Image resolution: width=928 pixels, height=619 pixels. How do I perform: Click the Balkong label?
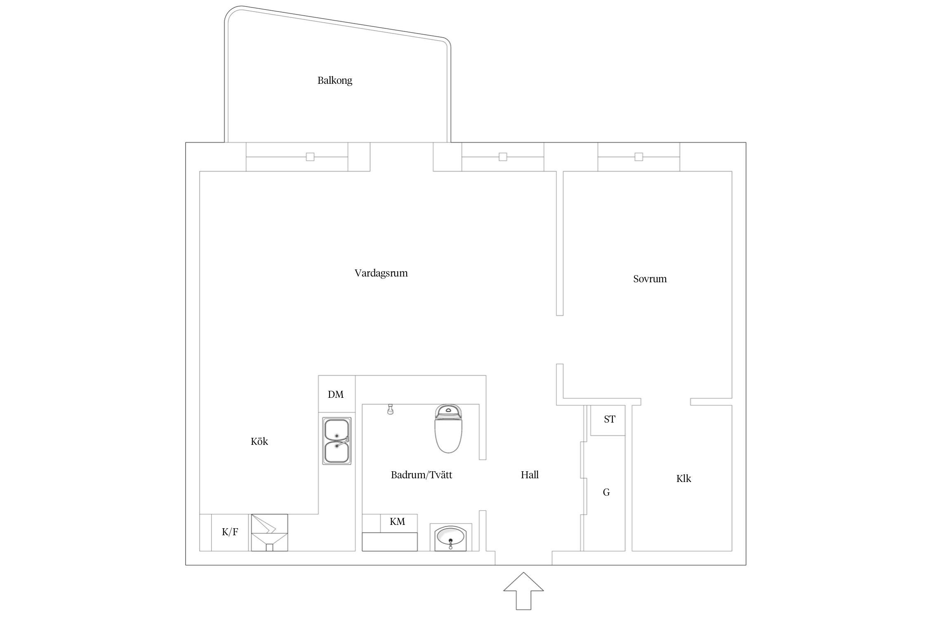(x=334, y=80)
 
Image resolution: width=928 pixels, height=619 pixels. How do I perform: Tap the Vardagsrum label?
(x=381, y=273)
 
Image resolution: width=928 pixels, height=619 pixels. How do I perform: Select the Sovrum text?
(x=650, y=279)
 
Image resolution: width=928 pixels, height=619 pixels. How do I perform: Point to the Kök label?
(x=259, y=441)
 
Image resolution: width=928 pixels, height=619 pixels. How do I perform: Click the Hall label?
(x=530, y=475)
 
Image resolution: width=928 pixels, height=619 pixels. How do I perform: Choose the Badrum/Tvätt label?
(x=422, y=475)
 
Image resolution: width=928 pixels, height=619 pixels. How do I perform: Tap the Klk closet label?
(x=683, y=478)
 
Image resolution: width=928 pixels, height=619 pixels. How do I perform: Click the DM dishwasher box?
(x=337, y=394)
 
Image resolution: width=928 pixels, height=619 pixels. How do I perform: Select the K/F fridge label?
(x=230, y=532)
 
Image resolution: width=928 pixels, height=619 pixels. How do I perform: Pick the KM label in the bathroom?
(x=397, y=521)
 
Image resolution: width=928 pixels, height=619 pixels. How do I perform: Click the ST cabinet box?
(x=608, y=420)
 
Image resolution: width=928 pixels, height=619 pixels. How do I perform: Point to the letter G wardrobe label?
(x=606, y=492)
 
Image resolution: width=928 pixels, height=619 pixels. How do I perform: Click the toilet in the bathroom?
(x=448, y=428)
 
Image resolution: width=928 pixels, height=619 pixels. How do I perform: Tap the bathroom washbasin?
(x=450, y=537)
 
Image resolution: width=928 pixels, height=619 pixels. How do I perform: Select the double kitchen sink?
(x=337, y=441)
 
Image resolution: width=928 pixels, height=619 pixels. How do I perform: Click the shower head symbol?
(x=390, y=409)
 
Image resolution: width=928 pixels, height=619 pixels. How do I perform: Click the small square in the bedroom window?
(x=639, y=157)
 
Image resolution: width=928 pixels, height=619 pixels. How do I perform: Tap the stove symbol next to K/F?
(x=269, y=532)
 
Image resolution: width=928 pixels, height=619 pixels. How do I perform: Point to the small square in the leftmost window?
(x=310, y=157)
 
